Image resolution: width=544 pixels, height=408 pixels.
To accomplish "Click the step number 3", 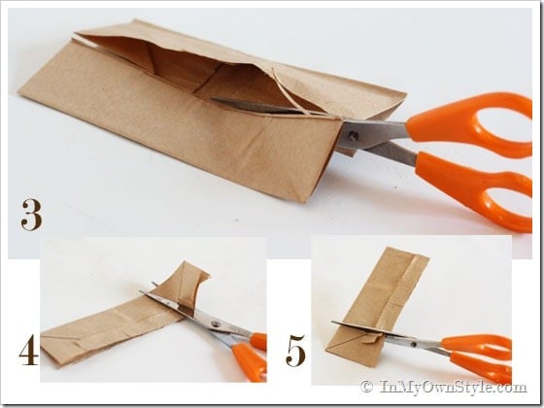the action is tap(31, 215).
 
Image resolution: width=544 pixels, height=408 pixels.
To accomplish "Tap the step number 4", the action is tap(29, 350).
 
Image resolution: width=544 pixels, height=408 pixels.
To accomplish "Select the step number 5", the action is tap(295, 351).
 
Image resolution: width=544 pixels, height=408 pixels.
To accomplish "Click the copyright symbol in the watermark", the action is tap(366, 387).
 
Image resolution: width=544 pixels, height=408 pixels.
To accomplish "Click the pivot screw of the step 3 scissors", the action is tap(354, 136).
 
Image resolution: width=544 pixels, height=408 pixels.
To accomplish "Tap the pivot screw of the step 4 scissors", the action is tap(216, 324).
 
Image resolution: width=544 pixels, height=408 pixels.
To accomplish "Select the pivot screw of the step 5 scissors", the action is tap(413, 345).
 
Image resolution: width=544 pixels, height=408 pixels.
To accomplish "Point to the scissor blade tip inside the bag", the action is tap(213, 99).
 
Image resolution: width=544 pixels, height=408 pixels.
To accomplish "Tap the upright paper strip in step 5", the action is tap(377, 305).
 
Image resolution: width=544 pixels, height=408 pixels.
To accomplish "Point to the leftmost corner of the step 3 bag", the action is tap(18, 91).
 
